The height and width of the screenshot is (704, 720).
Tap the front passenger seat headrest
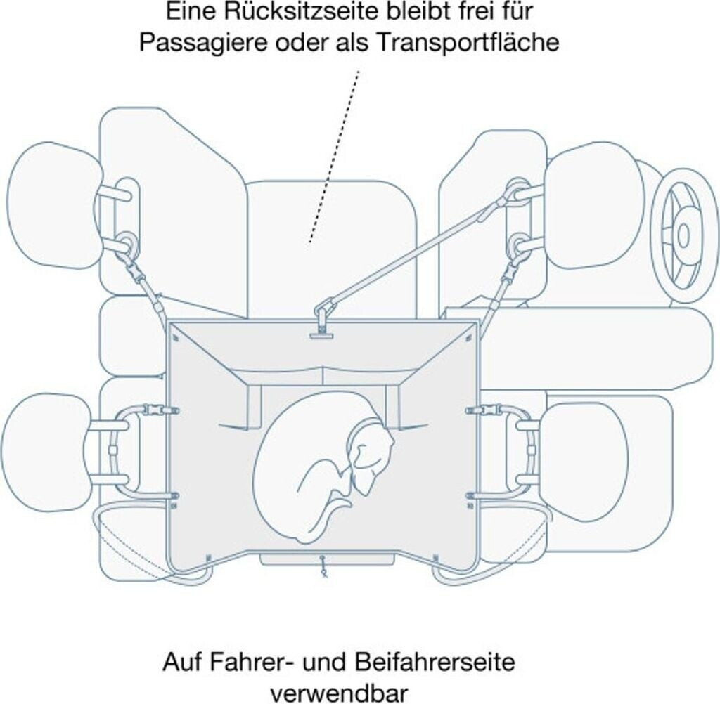[x=584, y=460]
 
